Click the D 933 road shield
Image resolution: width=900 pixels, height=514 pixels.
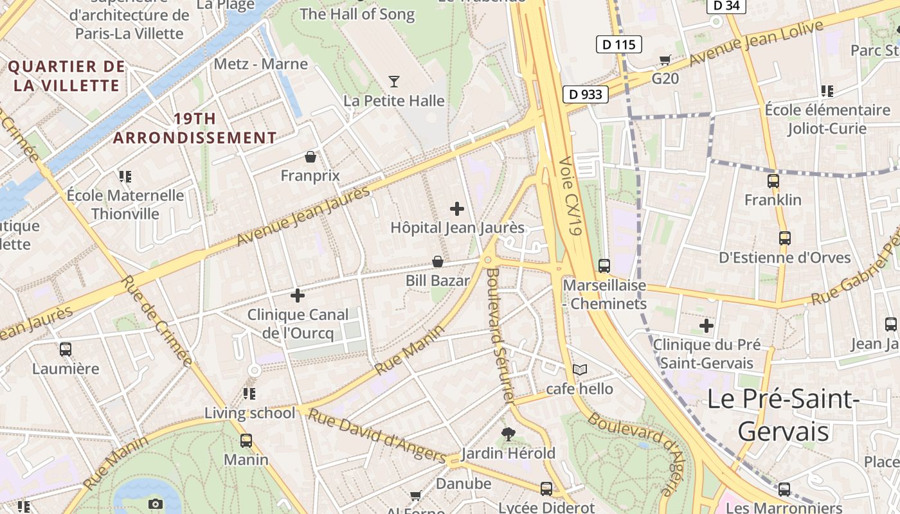coord(586,94)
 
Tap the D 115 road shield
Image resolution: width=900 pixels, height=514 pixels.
coord(619,44)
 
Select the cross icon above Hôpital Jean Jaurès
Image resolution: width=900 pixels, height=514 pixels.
coord(457,209)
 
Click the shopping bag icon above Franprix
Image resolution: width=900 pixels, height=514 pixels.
coord(310,157)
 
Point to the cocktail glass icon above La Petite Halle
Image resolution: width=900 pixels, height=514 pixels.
coord(394,82)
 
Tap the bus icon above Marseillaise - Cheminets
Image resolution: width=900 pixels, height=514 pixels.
coord(604,265)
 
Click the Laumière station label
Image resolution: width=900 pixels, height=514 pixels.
coord(66,369)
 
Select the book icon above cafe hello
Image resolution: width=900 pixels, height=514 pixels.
coord(580,370)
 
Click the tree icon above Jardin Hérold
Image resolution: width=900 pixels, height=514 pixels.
coord(508,435)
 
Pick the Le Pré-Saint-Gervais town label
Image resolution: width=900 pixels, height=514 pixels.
coord(783,415)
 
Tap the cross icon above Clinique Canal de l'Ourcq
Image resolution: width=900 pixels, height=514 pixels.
coord(298,296)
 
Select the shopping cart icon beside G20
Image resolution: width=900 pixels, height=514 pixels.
coord(665,60)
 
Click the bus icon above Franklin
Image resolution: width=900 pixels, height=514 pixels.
coord(773,181)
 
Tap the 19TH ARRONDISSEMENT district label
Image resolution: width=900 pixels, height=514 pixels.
coord(195,128)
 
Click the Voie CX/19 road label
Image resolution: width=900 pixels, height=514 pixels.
coord(570,196)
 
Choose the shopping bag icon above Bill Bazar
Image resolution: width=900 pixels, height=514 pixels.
coord(437,261)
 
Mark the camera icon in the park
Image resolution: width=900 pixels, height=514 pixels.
coord(155,504)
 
